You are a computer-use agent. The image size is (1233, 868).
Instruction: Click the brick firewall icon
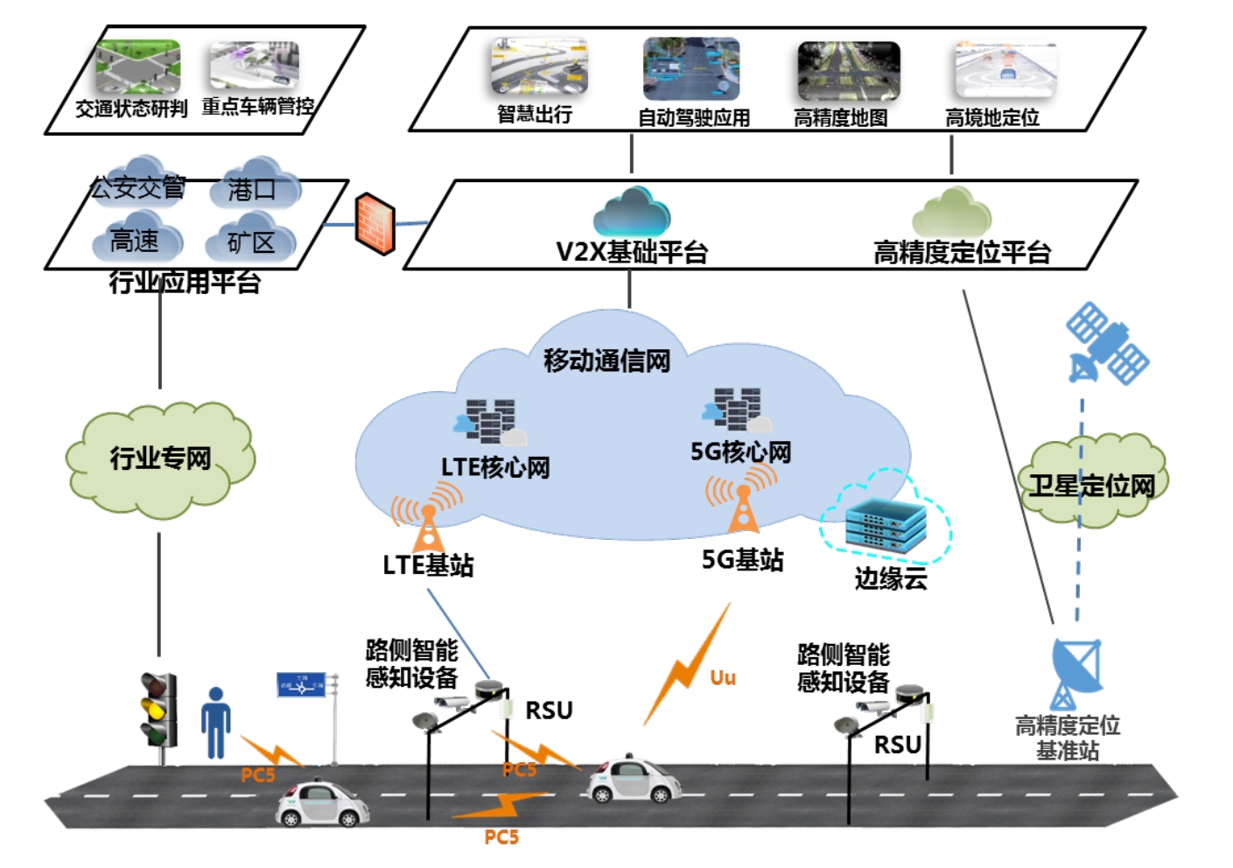pyautogui.click(x=375, y=223)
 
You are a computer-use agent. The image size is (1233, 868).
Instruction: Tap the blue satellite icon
pyautogui.click(x=1106, y=343)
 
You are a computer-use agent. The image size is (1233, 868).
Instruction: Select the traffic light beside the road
pyautogui.click(x=158, y=709)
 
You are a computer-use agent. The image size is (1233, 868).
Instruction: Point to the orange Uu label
pyautogui.click(x=722, y=678)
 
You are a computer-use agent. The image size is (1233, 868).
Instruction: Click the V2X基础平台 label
pyautogui.click(x=632, y=253)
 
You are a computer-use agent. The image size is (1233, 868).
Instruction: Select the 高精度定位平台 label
pyautogui.click(x=962, y=253)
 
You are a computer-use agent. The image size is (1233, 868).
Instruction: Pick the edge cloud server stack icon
pyautogui.click(x=886, y=525)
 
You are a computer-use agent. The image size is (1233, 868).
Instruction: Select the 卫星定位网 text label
pyautogui.click(x=1091, y=486)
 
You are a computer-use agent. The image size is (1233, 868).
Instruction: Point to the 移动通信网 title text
pyautogui.click(x=606, y=360)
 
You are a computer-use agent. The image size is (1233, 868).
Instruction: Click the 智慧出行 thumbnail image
pyautogui.click(x=538, y=67)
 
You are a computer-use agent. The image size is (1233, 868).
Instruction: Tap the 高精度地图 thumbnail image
pyautogui.click(x=847, y=71)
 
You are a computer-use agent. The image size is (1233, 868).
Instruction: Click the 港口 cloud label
pyautogui.click(x=252, y=189)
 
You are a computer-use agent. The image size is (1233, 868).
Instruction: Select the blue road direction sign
pyautogui.click(x=301, y=684)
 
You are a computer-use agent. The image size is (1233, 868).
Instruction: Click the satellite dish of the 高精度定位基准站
pyautogui.click(x=1075, y=667)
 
